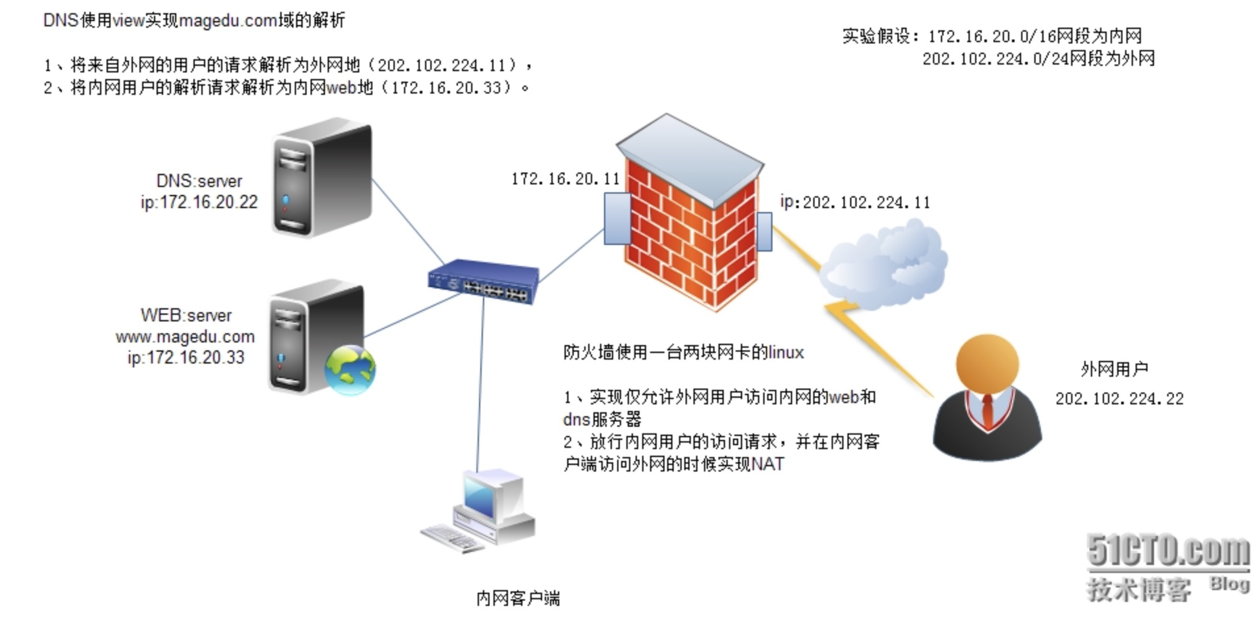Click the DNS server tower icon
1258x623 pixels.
point(322,178)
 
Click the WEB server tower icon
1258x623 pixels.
point(316,336)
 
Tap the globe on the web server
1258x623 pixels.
point(350,370)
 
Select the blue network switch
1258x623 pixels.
point(483,282)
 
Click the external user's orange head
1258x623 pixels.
point(987,366)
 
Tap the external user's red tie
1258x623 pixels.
point(987,411)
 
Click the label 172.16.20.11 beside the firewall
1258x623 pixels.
point(565,178)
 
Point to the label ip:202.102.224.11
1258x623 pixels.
point(855,202)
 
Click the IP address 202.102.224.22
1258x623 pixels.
point(1119,398)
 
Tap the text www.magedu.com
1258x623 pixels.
point(185,337)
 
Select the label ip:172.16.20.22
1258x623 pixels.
point(199,202)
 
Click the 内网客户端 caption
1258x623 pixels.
point(518,598)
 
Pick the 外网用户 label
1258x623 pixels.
point(1114,369)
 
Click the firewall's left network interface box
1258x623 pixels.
point(618,219)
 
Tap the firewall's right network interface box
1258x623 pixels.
point(764,232)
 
